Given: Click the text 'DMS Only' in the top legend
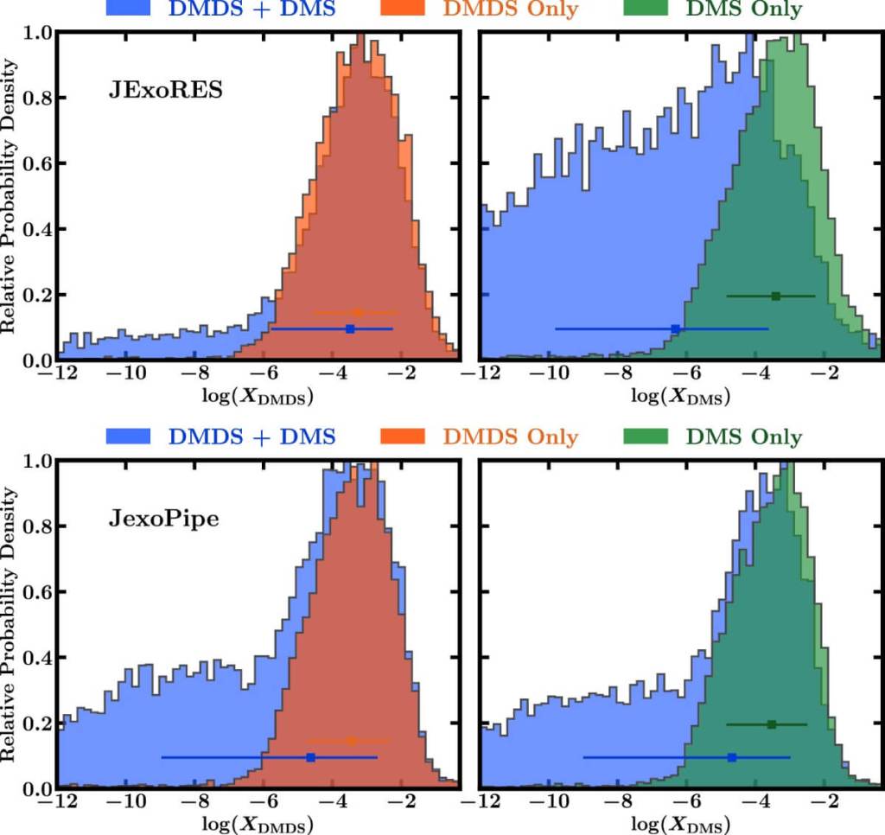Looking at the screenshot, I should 744,10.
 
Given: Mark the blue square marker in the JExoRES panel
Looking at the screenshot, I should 350,328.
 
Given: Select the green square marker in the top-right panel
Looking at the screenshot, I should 775,296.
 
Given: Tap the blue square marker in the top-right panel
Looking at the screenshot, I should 675,328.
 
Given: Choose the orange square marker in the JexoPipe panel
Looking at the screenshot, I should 351,741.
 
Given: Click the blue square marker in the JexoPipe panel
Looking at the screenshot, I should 311,757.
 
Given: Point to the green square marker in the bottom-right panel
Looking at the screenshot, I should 771,723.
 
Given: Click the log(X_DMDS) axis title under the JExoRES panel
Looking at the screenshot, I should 256,398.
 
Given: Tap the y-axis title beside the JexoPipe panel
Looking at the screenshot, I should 10,622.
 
